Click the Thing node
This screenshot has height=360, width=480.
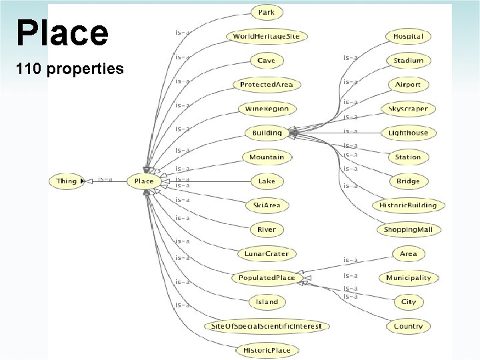tap(67, 181)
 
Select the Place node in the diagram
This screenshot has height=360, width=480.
tap(144, 181)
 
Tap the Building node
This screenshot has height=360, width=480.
tap(267, 133)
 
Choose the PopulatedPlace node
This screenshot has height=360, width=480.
tap(267, 277)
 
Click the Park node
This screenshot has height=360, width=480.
tap(267, 12)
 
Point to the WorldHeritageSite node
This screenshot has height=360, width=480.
tap(267, 37)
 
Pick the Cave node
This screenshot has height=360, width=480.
tap(267, 61)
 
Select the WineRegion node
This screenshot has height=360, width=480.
tap(267, 109)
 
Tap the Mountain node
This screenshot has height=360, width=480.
tap(267, 157)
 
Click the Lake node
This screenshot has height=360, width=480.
tap(267, 181)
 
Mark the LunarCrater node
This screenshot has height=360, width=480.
tap(267, 253)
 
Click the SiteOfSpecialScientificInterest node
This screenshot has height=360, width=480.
tap(267, 326)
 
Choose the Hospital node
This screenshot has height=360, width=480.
tap(408, 37)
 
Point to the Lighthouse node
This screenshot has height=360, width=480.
tap(408, 133)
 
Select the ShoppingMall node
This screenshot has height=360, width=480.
tap(408, 229)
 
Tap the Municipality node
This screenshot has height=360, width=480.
tap(408, 277)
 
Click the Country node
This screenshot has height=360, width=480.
tap(408, 326)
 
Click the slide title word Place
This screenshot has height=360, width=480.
tap(61, 33)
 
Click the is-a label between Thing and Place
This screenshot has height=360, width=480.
tap(105, 179)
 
